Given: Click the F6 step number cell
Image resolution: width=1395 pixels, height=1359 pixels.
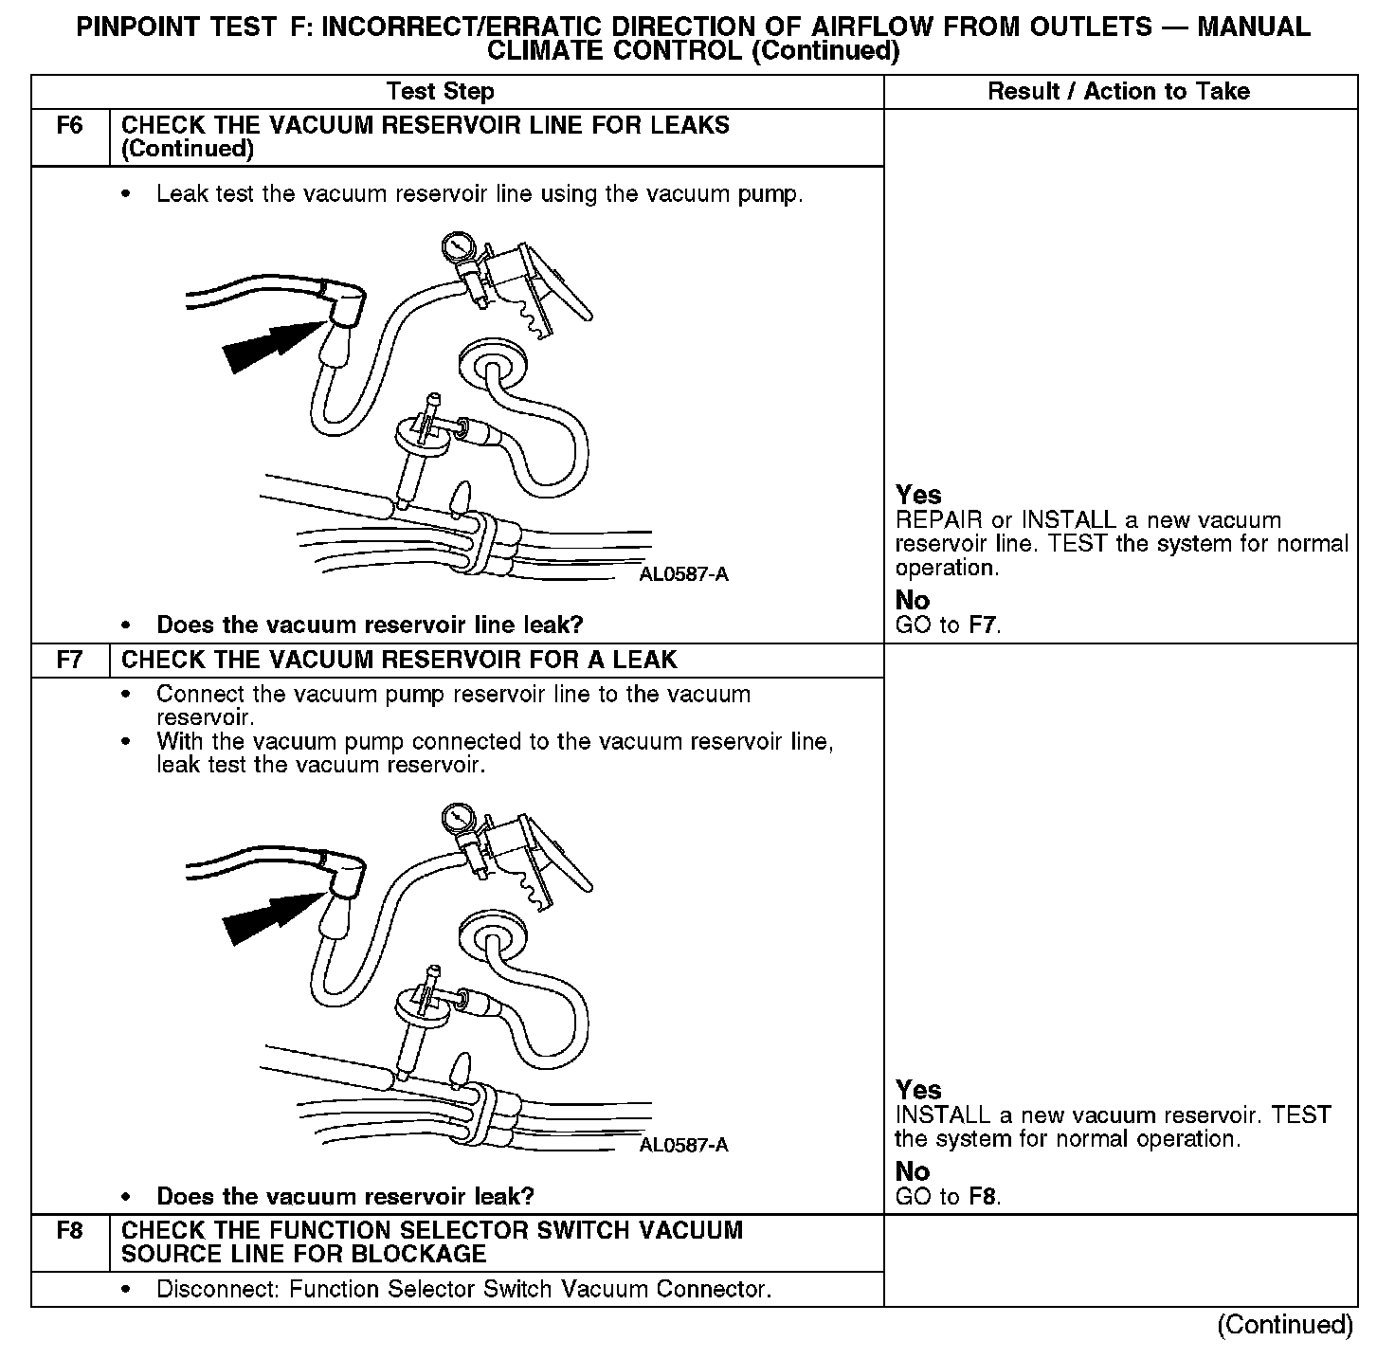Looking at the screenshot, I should click(x=70, y=126).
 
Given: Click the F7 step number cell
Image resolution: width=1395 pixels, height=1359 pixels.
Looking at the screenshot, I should click(x=70, y=660).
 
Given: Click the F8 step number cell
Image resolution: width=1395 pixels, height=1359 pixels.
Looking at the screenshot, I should click(x=70, y=1231).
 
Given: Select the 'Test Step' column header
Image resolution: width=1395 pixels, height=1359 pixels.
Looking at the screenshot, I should click(x=440, y=92).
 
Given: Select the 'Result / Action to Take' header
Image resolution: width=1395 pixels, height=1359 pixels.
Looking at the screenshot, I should click(x=1118, y=92).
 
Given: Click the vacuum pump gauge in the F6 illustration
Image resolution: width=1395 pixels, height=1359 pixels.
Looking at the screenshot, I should click(x=459, y=249).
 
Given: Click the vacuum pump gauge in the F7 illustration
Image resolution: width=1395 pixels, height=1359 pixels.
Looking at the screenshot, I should click(x=459, y=818).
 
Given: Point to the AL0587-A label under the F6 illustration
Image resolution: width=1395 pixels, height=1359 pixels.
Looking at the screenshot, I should click(x=684, y=575).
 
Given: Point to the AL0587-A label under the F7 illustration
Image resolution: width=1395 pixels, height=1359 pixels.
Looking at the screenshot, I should click(x=684, y=1145).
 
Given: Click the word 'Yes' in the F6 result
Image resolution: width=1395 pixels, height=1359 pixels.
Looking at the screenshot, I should click(x=918, y=496).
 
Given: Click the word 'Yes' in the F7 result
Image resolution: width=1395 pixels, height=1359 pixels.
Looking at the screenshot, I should click(x=918, y=1090).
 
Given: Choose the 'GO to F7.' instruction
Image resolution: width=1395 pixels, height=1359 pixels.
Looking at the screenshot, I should click(x=948, y=625).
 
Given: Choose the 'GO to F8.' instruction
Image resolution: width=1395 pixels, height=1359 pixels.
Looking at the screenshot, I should click(x=948, y=1197).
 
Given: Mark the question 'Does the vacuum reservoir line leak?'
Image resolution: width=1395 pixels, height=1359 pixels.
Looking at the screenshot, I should click(x=370, y=625).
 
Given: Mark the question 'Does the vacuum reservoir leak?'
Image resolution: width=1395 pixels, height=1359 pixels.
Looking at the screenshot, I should click(x=345, y=1197).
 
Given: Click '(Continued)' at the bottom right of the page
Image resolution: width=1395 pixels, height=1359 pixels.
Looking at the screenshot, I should click(x=1285, y=1325).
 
